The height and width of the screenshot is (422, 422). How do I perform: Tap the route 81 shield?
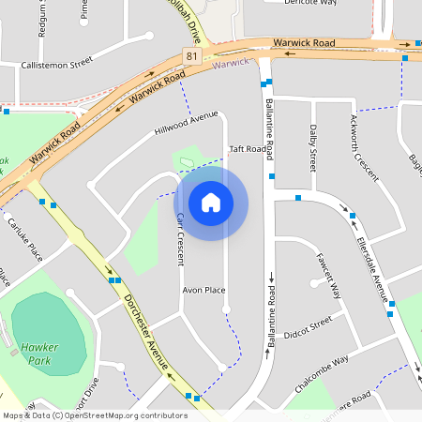(x=192, y=57)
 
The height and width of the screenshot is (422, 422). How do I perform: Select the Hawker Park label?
(x=39, y=353)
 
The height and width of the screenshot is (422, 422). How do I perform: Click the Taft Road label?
(x=249, y=149)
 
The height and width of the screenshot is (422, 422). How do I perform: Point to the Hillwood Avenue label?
(x=185, y=128)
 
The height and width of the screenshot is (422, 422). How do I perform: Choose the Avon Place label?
(x=203, y=290)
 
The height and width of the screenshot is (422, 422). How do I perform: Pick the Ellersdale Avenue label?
(x=373, y=266)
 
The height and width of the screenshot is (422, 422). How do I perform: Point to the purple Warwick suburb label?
(x=232, y=64)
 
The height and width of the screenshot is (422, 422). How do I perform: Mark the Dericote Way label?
(x=309, y=3)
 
